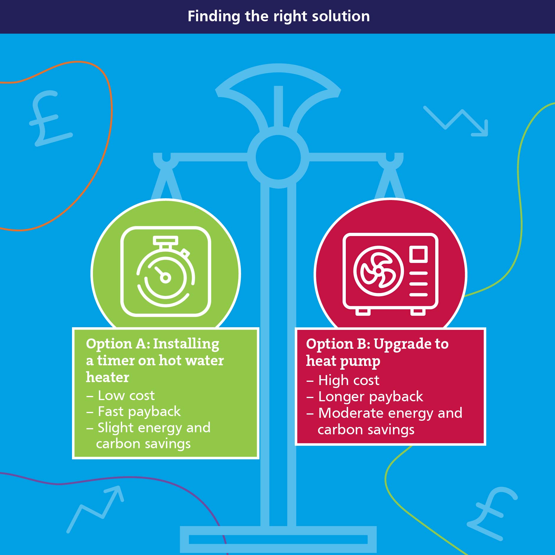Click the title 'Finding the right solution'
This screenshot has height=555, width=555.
click(279, 16)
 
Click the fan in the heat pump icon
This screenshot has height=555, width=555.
click(379, 271)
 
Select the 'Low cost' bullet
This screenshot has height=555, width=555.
click(120, 395)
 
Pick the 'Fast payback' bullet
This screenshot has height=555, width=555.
click(133, 412)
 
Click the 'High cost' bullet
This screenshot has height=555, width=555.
click(343, 380)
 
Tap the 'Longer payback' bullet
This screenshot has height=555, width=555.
click(365, 397)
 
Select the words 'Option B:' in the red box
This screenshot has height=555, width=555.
click(338, 344)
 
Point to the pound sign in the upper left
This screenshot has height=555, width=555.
click(50, 118)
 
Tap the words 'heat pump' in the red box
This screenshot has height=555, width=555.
click(343, 361)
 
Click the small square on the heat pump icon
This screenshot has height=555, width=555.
click(418, 254)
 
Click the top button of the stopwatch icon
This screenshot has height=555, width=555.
click(166, 240)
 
